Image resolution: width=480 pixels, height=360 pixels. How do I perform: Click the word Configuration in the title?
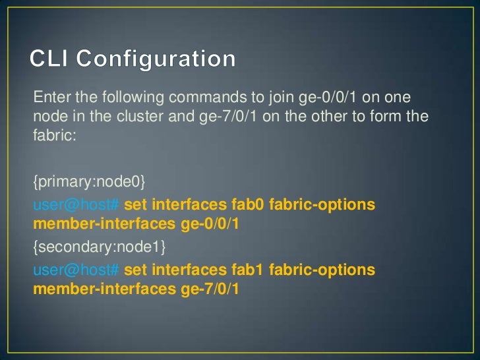pyautogui.click(x=156, y=60)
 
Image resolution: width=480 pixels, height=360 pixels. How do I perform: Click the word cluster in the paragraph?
pyautogui.click(x=143, y=117)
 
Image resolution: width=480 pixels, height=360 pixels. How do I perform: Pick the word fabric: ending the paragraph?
pyautogui.click(x=49, y=135)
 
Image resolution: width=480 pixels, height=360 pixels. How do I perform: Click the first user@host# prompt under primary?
pyautogui.click(x=76, y=204)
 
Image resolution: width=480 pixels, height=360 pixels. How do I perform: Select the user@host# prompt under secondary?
pyautogui.click(x=76, y=270)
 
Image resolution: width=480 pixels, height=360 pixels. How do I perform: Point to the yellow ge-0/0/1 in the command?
pyautogui.click(x=210, y=225)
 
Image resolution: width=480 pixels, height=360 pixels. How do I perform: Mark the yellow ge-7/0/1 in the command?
pyautogui.click(x=210, y=289)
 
